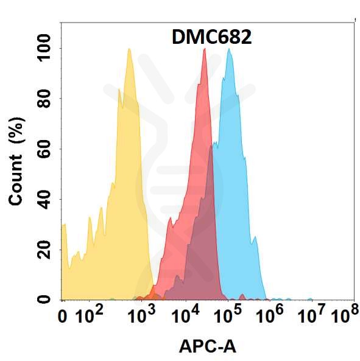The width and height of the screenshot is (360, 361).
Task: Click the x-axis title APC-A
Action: (x=208, y=346)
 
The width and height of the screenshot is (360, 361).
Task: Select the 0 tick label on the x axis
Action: (x=62, y=317)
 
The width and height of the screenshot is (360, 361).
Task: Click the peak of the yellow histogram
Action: (x=129, y=49)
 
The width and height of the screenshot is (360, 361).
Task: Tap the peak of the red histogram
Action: (x=204, y=49)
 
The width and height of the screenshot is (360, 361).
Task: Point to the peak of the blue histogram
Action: (x=229, y=49)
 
